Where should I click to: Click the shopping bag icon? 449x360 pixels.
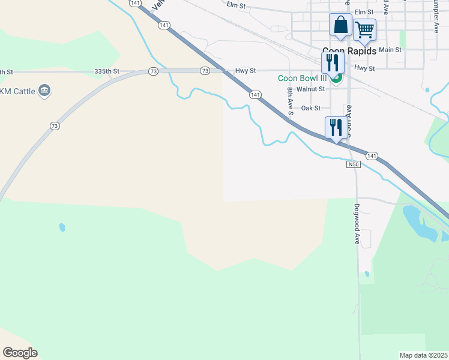click(x=340, y=25)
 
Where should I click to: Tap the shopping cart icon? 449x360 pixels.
click(x=364, y=29)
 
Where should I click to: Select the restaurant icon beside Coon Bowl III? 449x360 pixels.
click(x=332, y=62)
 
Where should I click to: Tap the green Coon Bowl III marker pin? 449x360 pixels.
click(x=337, y=77)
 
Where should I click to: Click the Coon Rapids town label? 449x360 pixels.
click(x=349, y=52)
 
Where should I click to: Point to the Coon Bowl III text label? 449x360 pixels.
click(x=303, y=78)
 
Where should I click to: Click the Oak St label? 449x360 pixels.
click(x=311, y=108)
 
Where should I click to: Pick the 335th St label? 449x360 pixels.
click(x=107, y=71)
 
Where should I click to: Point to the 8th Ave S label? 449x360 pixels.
click(x=290, y=101)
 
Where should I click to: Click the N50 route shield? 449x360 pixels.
click(x=353, y=164)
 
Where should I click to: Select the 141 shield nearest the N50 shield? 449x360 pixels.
click(x=372, y=156)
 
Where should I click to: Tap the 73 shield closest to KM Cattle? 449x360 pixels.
click(x=55, y=126)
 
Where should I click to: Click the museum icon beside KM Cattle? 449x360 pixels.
click(x=44, y=91)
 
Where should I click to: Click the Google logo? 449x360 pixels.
click(x=20, y=353)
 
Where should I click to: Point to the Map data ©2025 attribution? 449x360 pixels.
click(x=423, y=355)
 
